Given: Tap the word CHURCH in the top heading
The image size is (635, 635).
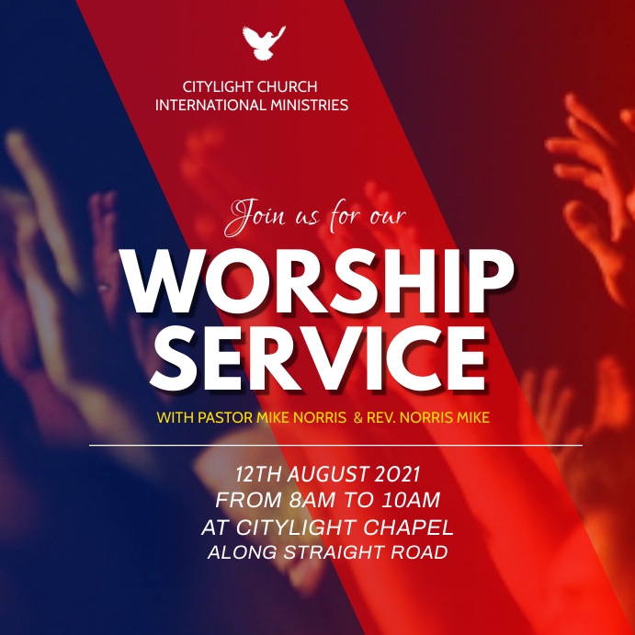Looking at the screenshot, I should [285, 87].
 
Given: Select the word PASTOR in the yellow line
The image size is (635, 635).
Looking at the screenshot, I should [221, 418].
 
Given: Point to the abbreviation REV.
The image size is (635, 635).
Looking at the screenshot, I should [381, 418].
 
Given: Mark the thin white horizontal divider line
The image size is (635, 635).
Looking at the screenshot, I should [335, 445].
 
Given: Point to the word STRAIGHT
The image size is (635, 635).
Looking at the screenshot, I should [342, 553].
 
